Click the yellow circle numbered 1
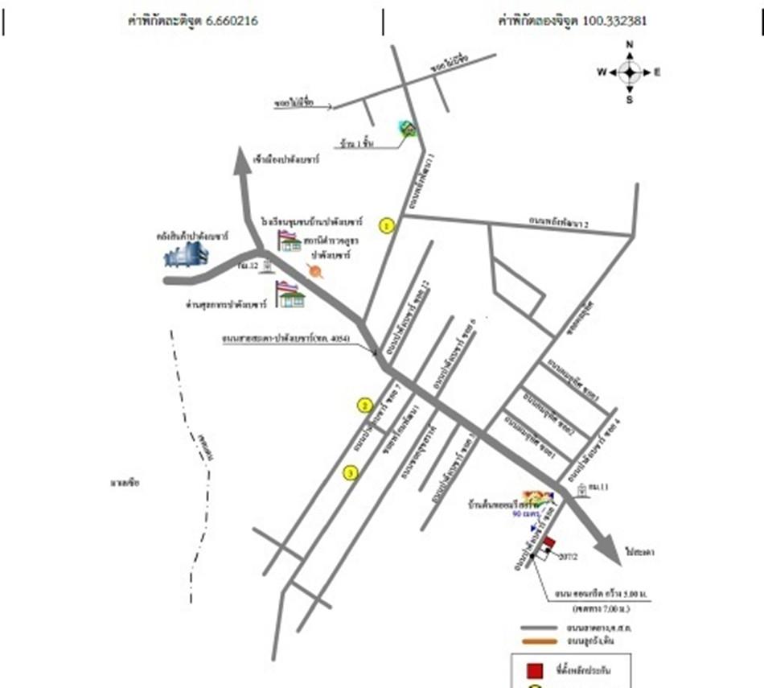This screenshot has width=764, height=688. click(388, 225)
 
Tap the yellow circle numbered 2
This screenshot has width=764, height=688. click(365, 406)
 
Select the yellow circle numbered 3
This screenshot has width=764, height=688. click(350, 472)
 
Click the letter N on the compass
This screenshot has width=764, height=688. click(630, 44)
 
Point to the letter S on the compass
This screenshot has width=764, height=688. click(630, 100)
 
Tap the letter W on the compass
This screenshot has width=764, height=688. click(601, 72)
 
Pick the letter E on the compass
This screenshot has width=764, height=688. click(657, 72)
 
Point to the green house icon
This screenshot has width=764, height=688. click(408, 129)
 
